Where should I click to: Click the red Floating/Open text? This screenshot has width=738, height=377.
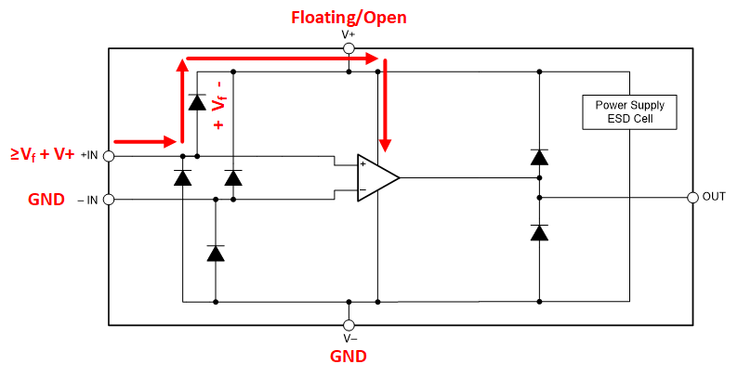(x=349, y=17)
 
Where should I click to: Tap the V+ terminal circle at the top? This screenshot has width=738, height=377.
(x=349, y=48)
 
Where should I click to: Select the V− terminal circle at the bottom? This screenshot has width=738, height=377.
(x=349, y=325)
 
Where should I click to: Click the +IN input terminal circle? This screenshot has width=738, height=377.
(x=109, y=156)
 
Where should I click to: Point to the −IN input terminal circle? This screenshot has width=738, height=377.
(x=109, y=199)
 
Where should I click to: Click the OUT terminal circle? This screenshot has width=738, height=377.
(x=692, y=197)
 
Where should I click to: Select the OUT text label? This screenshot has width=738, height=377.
(x=714, y=197)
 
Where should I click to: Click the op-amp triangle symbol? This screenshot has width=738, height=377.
(x=377, y=177)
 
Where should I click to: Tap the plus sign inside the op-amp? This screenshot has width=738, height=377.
(x=363, y=164)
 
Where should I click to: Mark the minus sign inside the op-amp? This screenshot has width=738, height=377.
(x=363, y=190)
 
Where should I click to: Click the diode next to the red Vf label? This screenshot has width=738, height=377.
(x=197, y=102)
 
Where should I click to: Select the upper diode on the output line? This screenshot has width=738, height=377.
(x=539, y=157)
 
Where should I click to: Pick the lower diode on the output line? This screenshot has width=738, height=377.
(x=539, y=232)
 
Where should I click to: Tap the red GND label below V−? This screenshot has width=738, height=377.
(x=349, y=356)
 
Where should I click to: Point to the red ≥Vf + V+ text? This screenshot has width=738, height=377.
(x=43, y=154)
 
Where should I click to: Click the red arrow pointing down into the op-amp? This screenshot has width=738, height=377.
(x=386, y=107)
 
